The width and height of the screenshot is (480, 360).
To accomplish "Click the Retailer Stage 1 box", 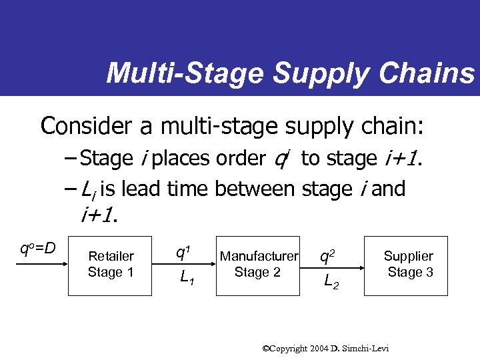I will [x=111, y=265].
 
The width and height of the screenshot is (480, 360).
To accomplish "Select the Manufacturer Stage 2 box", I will [x=259, y=265].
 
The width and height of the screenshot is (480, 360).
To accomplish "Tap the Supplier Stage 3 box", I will [x=409, y=265].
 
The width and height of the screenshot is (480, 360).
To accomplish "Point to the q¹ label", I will [x=181, y=253].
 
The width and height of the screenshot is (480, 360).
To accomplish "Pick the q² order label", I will [x=327, y=255].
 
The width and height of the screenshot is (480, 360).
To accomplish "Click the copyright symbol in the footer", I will [x=265, y=348].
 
